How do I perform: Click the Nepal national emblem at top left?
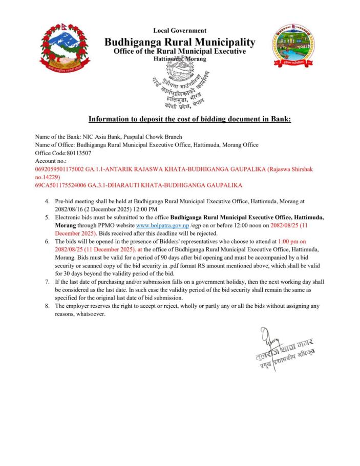(x=62, y=47)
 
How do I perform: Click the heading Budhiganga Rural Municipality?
(x=180, y=41)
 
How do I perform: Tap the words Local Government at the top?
(x=180, y=31)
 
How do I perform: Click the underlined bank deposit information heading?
(x=189, y=119)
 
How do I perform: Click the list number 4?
(x=47, y=202)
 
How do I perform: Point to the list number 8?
(x=47, y=306)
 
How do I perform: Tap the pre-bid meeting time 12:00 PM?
(x=144, y=209)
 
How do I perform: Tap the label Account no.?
(x=50, y=160)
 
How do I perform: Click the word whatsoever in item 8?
(x=91, y=313)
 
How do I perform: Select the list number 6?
(x=47, y=241)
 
